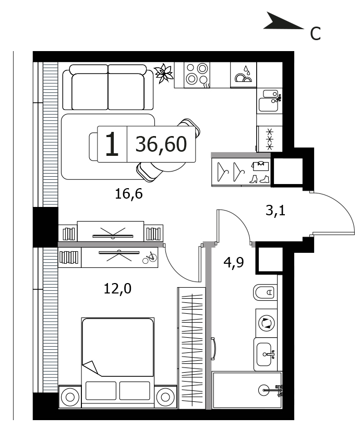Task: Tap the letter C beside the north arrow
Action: tap(315, 34)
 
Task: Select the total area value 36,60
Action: tap(161, 144)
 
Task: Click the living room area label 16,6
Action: tap(129, 194)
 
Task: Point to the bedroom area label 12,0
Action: tap(117, 288)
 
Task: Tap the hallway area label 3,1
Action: tap(275, 211)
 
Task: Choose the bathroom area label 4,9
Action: tap(234, 263)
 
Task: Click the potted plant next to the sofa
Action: tap(163, 73)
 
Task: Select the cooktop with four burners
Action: tap(197, 75)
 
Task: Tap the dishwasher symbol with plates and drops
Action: tap(243, 75)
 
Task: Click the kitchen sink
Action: tap(269, 101)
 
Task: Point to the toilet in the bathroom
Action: tap(265, 292)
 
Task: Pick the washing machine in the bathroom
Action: tap(267, 323)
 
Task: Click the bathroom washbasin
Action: tap(265, 354)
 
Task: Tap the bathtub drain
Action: tap(264, 389)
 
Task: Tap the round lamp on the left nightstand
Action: tap(70, 397)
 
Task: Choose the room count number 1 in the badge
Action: tap(112, 144)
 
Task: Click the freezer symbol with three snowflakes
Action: tap(270, 139)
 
